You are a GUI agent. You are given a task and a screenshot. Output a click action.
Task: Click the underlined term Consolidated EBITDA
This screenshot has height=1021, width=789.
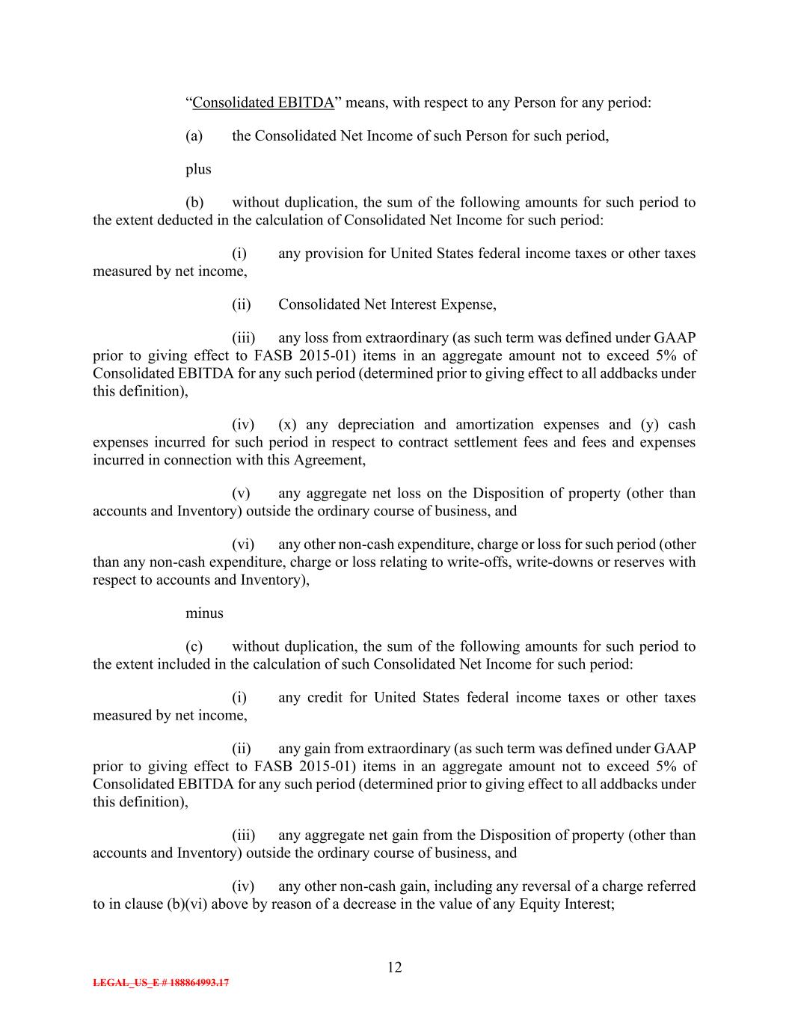263,102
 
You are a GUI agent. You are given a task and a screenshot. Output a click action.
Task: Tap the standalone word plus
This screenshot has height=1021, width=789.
198,169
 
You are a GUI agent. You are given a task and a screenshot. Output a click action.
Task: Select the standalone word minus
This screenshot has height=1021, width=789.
204,613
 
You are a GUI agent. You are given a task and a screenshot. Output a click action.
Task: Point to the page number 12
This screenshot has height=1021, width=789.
394,967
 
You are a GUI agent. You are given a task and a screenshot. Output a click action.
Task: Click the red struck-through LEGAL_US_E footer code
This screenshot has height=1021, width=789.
161,983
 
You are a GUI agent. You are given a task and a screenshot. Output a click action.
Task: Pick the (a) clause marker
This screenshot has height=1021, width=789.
194,136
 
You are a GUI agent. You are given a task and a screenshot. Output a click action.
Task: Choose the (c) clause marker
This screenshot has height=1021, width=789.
194,646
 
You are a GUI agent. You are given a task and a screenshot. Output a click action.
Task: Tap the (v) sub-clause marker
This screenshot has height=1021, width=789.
241,494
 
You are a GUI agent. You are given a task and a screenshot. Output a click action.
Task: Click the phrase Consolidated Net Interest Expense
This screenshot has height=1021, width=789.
386,304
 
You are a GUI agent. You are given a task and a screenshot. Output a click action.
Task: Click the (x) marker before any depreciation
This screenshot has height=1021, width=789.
286,425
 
